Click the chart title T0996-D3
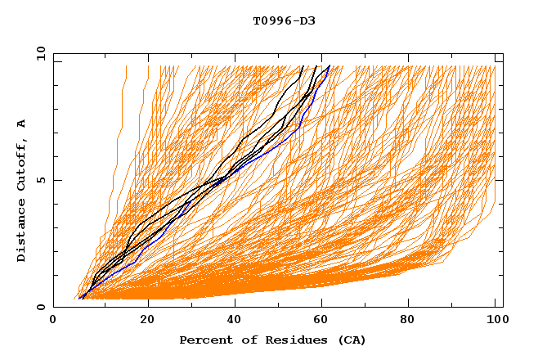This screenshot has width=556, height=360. (284, 20)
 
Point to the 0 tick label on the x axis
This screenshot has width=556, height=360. (53, 321)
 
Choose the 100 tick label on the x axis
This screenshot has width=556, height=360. (495, 321)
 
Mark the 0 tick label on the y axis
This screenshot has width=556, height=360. (40, 307)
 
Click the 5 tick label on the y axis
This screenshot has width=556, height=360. (40, 180)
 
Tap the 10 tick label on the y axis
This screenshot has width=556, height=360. (40, 53)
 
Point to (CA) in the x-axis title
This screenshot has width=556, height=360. (350, 340)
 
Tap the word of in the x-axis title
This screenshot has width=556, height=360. (242, 340)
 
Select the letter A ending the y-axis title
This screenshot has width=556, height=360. (22, 123)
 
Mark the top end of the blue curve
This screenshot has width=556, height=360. (329, 66)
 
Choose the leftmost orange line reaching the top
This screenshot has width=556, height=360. (126, 67)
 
